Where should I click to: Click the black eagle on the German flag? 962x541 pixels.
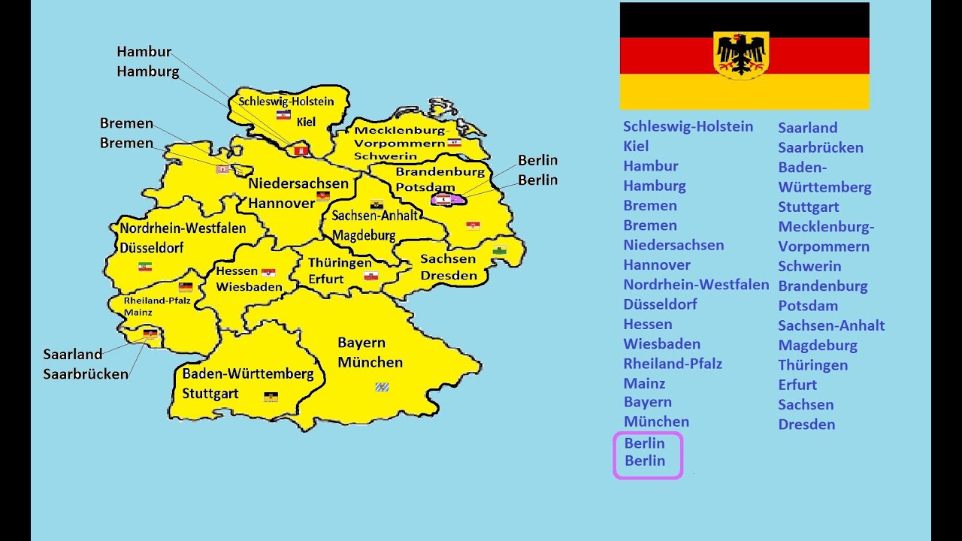click(741, 54)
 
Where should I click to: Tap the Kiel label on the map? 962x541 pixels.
click(306, 122)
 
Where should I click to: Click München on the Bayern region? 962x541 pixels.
click(370, 362)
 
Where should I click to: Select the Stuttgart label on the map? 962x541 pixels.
click(210, 394)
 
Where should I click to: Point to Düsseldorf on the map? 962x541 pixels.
click(151, 247)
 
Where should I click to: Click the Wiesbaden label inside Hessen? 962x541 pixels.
click(249, 287)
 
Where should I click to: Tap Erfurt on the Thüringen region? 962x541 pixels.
click(325, 280)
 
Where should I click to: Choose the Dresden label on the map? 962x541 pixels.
click(448, 275)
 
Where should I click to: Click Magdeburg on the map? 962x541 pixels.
click(364, 235)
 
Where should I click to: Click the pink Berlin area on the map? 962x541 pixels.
click(449, 200)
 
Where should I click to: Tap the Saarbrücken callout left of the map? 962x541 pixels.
click(86, 373)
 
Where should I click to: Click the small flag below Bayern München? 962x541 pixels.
click(382, 387)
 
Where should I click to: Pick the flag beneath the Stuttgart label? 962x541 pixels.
click(271, 396)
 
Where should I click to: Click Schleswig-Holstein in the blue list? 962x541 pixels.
click(688, 126)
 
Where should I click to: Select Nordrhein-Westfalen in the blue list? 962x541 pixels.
click(696, 285)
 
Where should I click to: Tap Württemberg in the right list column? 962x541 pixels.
click(824, 187)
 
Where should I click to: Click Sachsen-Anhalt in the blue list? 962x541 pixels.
click(831, 325)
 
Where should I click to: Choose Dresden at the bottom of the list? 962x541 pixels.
click(806, 425)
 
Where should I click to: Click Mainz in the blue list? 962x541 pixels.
click(644, 383)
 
